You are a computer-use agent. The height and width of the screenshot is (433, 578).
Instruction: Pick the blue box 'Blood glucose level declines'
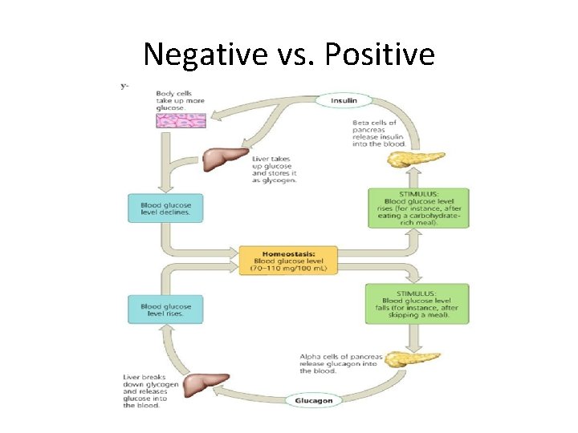coord(165,208)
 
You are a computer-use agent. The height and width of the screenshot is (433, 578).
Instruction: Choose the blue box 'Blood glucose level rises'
coord(165,310)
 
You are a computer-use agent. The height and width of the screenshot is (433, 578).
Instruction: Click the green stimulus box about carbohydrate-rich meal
coord(417,208)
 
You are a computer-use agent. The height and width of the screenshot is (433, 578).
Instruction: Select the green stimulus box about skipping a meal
coord(417,304)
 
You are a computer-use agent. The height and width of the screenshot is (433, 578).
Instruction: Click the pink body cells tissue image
coord(181,121)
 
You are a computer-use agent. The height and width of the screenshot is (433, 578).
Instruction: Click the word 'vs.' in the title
coord(290,54)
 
